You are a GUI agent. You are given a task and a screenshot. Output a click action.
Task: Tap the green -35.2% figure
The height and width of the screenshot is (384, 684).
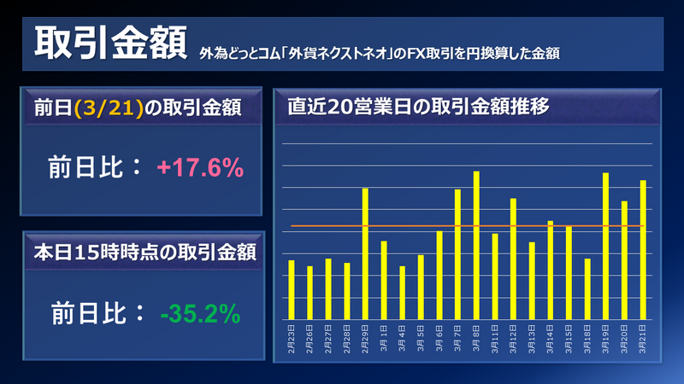pyautogui.click(x=200, y=315)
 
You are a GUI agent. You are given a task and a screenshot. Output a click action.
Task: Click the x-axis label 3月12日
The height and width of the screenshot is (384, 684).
pyautogui.click(x=514, y=336)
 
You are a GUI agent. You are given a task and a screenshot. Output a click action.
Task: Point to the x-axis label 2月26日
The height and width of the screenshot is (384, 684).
pyautogui.click(x=310, y=336)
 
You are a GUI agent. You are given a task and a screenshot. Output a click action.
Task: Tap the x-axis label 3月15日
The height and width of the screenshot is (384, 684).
pyautogui.click(x=569, y=336)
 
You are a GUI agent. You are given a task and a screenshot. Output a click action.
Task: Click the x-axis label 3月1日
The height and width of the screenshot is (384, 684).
pyautogui.click(x=385, y=335)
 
